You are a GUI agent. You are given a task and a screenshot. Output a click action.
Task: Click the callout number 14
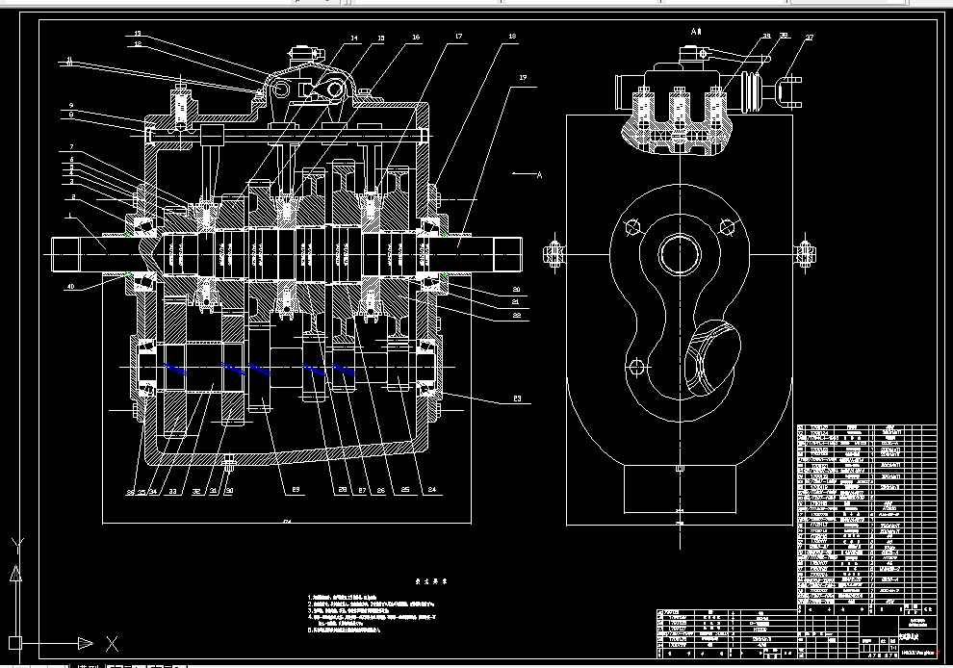tap(353, 39)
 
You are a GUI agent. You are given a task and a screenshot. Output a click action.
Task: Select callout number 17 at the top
tap(458, 38)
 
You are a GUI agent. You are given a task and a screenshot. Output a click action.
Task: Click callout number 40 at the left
tap(70, 286)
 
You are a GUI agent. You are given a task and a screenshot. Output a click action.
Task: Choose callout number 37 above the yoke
tap(810, 39)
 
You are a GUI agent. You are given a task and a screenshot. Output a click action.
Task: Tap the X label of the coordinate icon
tap(113, 643)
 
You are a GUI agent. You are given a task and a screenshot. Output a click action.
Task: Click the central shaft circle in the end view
tap(680, 253)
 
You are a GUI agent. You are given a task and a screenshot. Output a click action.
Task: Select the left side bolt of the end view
tap(554, 254)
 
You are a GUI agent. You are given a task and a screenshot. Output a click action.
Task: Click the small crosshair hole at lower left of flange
tap(634, 368)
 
